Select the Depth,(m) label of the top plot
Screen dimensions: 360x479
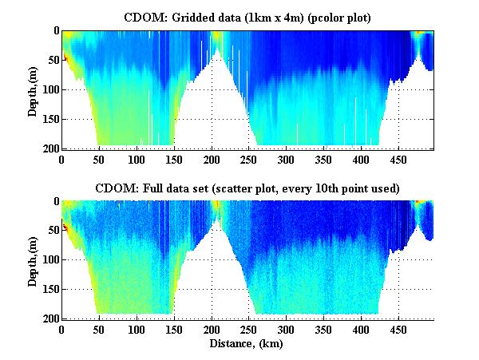(x=33, y=89)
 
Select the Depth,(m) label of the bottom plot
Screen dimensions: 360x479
(x=33, y=260)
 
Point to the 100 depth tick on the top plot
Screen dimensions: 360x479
(x=49, y=89)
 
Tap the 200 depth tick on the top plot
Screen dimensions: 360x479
(x=49, y=148)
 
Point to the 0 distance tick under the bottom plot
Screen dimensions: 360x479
(x=61, y=330)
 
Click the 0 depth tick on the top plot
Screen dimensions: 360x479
(x=54, y=31)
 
